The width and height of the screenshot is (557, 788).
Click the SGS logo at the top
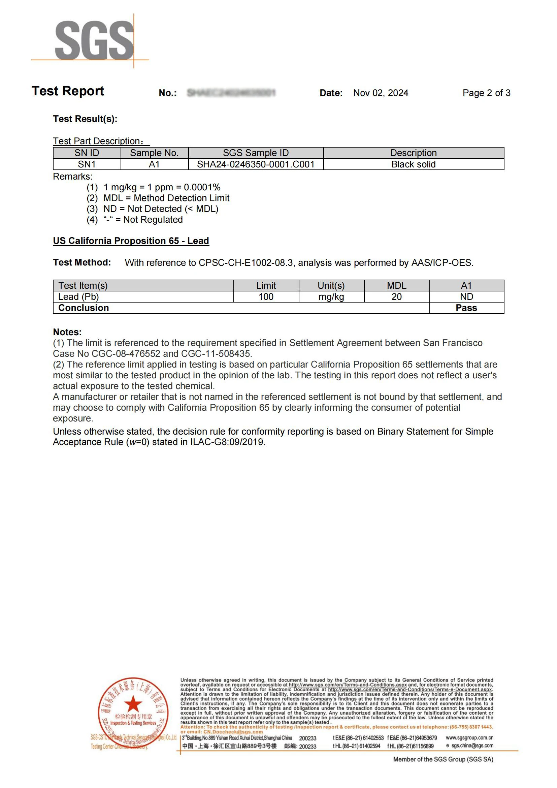tap(94, 40)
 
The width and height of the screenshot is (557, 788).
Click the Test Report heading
tap(68, 91)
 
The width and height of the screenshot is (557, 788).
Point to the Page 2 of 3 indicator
tap(486, 93)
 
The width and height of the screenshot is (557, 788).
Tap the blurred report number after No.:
tap(231, 93)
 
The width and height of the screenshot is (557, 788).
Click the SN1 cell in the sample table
tap(87, 164)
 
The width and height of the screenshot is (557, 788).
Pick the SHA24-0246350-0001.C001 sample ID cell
tap(256, 164)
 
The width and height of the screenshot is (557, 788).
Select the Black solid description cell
tap(413, 164)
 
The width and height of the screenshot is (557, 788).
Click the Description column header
tap(413, 153)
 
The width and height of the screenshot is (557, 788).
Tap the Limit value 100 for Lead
tap(266, 297)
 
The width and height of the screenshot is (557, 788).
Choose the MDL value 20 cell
tap(396, 297)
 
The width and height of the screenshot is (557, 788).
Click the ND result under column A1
tap(466, 297)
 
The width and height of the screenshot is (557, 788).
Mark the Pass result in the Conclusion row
tap(466, 308)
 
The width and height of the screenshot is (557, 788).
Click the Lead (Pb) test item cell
tap(78, 297)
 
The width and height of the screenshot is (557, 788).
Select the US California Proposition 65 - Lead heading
tap(131, 241)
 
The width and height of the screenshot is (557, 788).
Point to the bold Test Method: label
tap(82, 262)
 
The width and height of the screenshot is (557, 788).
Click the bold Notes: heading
tap(67, 332)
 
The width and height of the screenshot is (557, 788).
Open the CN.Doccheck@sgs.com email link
tap(233, 731)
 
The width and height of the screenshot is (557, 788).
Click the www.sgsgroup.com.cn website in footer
tap(469, 737)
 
